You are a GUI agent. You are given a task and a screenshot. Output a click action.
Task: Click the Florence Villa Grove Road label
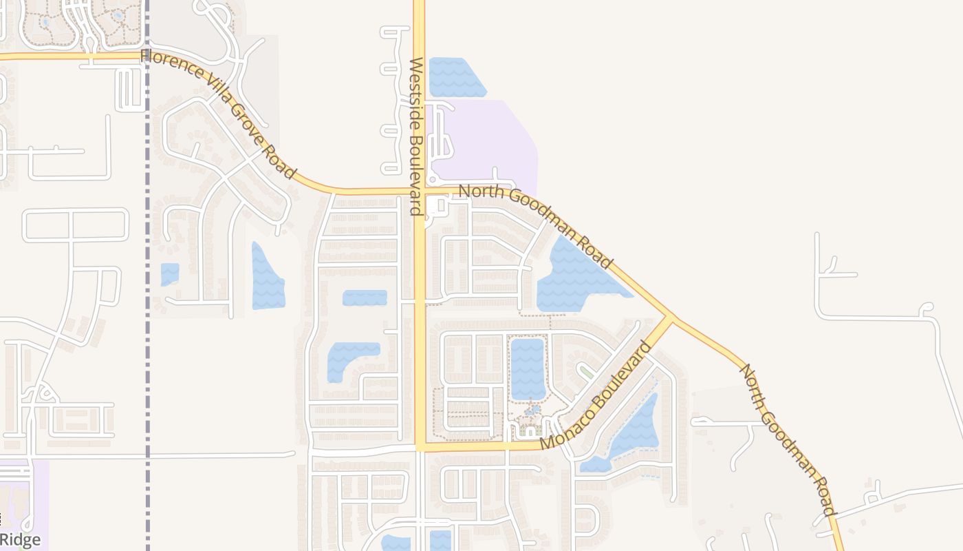(218, 113)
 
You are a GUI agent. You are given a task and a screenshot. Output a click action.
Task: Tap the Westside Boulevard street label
(417, 136)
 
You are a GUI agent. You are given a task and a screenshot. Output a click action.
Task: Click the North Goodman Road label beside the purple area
(535, 226)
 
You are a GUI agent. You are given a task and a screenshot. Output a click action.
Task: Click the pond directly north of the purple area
(454, 78)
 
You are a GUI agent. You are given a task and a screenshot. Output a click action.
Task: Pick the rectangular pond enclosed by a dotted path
(528, 368)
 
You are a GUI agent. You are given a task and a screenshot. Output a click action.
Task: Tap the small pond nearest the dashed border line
(169, 273)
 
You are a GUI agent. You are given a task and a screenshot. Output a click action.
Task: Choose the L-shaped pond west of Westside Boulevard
(347, 358)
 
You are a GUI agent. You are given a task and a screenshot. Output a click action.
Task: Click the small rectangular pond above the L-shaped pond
(365, 298)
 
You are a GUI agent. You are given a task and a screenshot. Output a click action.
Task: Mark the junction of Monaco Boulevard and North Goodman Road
(669, 318)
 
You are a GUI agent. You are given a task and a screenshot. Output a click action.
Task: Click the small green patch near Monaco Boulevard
(586, 372)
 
